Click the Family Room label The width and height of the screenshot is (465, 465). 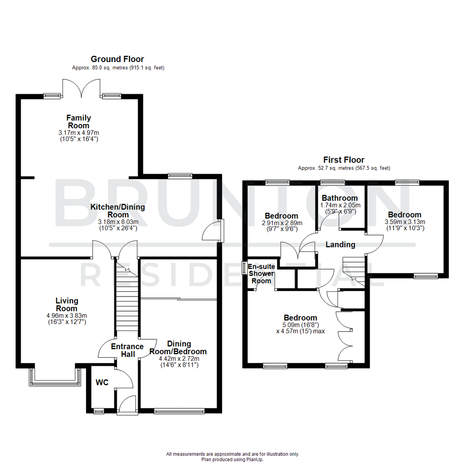point(78,121)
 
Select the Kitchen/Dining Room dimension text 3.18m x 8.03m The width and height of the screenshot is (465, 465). point(118,222)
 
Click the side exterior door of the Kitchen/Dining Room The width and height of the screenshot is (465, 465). point(214,230)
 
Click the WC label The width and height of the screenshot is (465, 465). point(102,382)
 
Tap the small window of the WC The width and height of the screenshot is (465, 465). point(99,412)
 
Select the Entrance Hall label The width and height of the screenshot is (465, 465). point(127,350)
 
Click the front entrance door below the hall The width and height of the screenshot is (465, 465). point(127,406)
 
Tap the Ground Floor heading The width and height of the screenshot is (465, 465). point(117,59)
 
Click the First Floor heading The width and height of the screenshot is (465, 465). point(344,160)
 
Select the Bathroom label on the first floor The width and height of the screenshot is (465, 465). point(340,198)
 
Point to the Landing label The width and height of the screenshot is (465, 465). point(340,245)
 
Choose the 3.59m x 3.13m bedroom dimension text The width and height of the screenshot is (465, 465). point(404,222)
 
